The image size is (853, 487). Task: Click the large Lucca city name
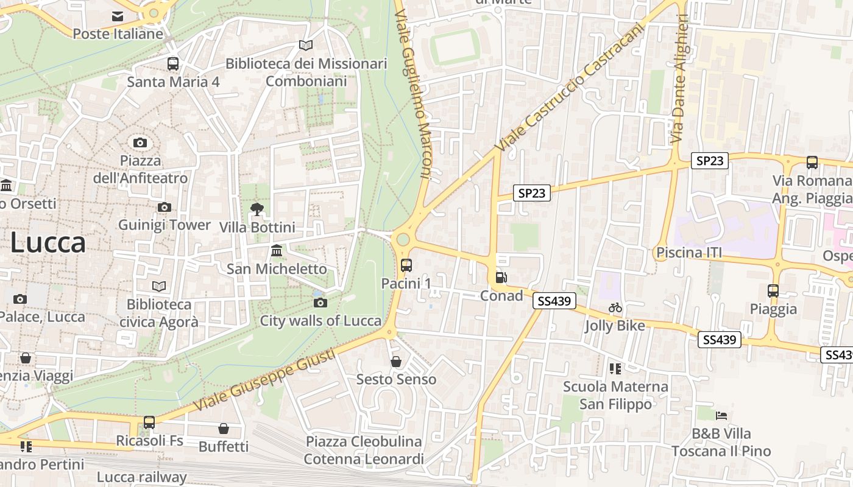(x=48, y=243)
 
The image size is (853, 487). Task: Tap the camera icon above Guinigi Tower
(x=164, y=208)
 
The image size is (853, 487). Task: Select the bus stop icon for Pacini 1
(x=406, y=265)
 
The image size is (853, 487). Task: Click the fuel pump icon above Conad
(x=501, y=278)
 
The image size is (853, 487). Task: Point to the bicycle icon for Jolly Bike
(x=615, y=308)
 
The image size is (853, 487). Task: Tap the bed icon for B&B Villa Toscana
(x=721, y=416)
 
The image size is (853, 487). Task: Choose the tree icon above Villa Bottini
(x=257, y=209)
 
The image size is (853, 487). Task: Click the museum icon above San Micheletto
(x=277, y=251)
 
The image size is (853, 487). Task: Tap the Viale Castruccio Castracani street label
(x=569, y=88)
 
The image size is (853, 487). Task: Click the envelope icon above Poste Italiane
(x=118, y=16)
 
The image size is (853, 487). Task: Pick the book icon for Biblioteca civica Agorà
(x=159, y=286)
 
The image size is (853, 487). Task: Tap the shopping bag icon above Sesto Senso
(x=396, y=362)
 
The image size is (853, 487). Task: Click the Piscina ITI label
(x=689, y=252)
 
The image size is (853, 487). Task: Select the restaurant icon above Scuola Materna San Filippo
(x=615, y=368)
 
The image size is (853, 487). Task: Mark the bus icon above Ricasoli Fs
(x=149, y=422)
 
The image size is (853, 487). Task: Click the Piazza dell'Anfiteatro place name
(x=140, y=170)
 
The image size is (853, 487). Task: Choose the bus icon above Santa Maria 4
(x=173, y=63)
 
